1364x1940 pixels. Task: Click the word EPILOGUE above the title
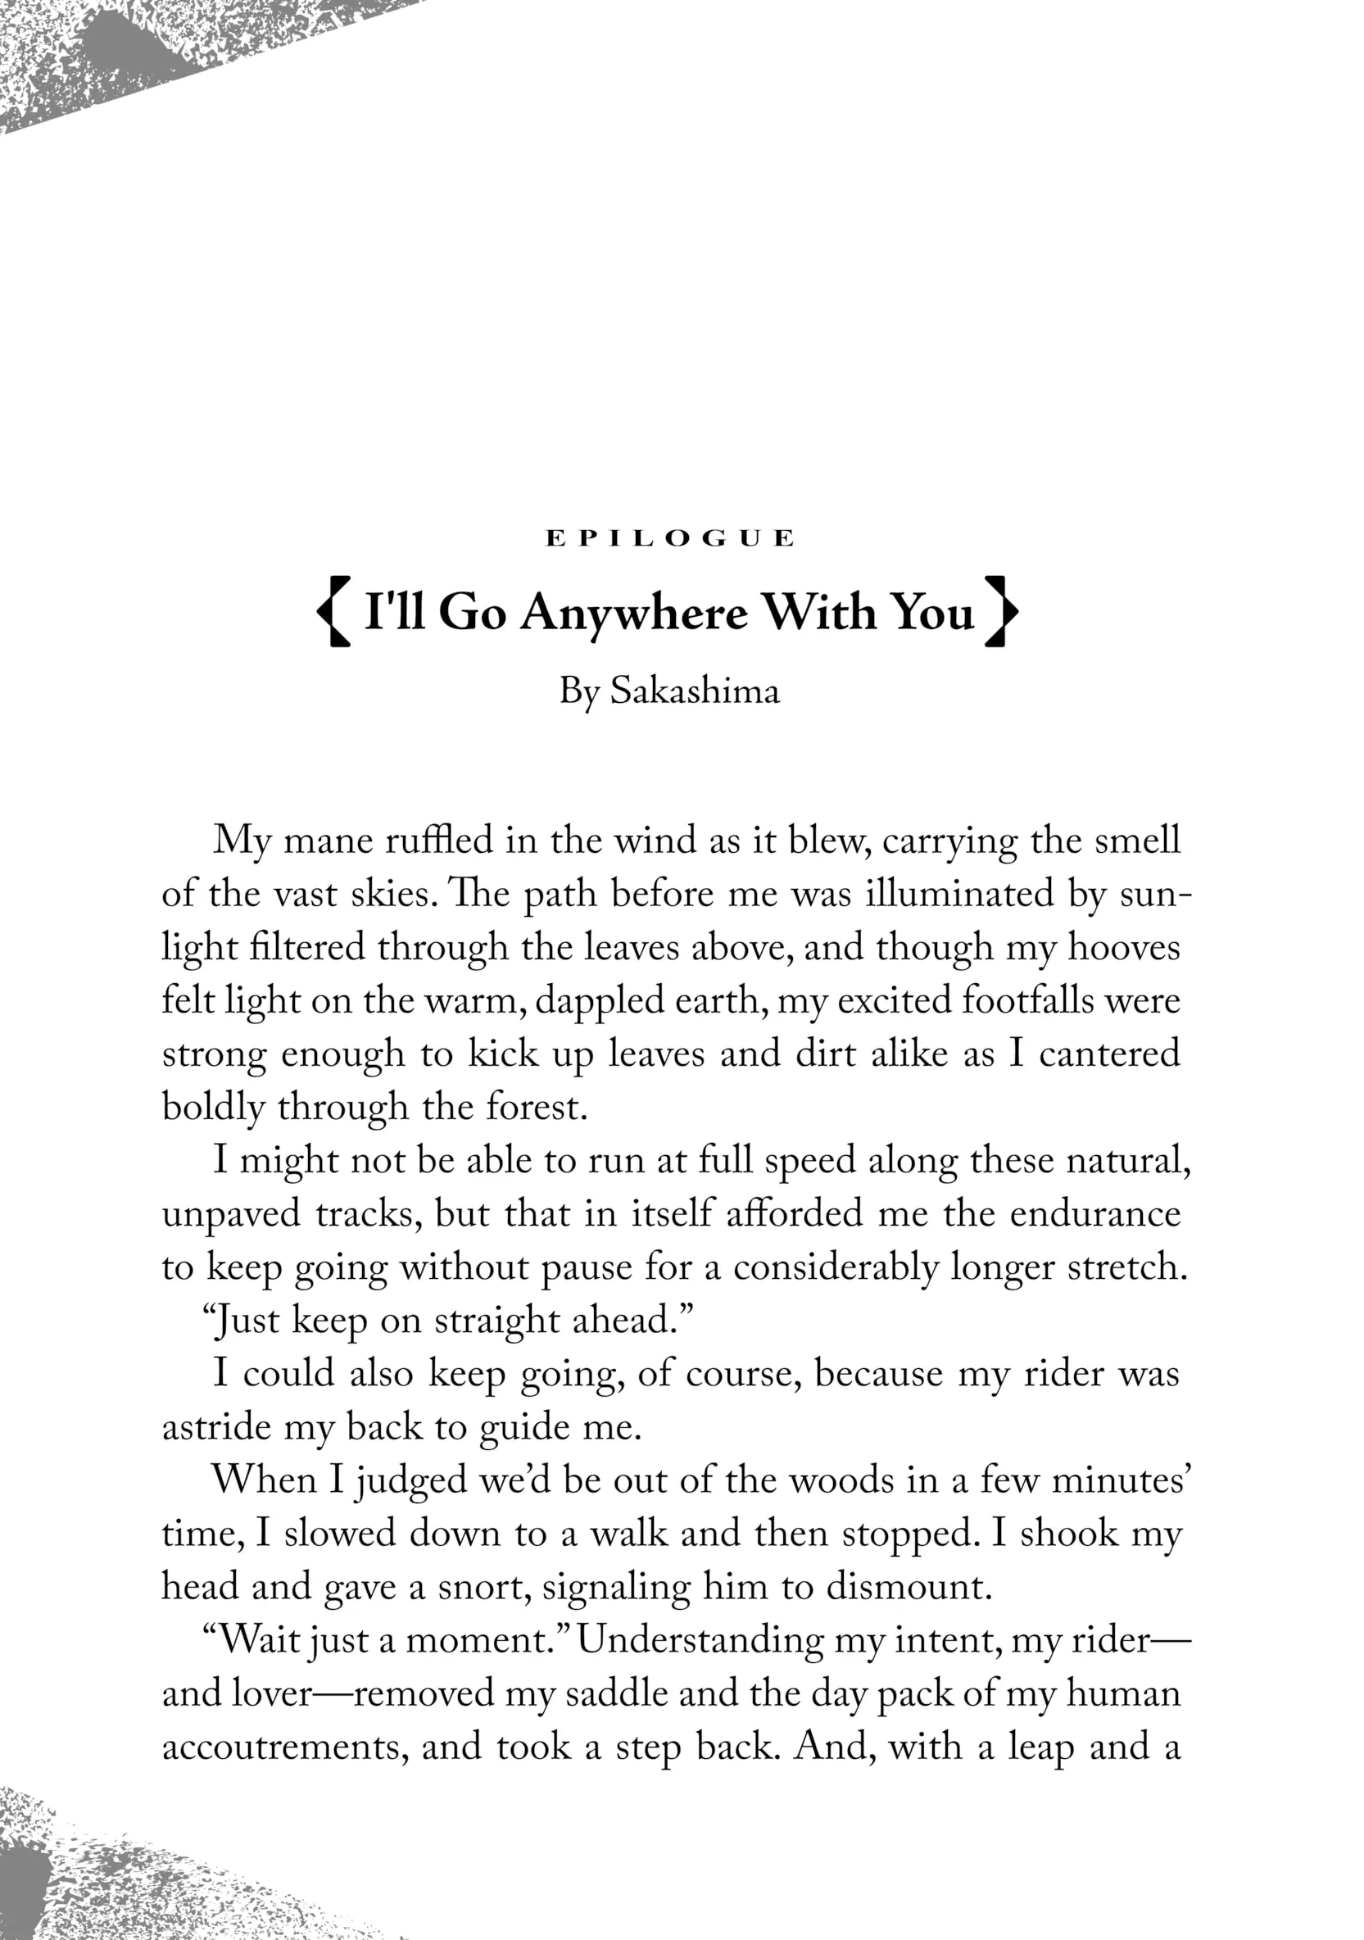click(669, 538)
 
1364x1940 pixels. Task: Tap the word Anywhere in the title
click(634, 612)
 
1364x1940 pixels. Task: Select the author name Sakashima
click(695, 691)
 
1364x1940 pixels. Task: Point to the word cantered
click(1108, 1054)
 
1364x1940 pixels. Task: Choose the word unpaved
click(231, 1214)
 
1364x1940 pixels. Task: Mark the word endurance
click(1094, 1213)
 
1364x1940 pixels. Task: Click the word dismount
click(907, 1587)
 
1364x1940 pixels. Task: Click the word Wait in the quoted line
click(258, 1640)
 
